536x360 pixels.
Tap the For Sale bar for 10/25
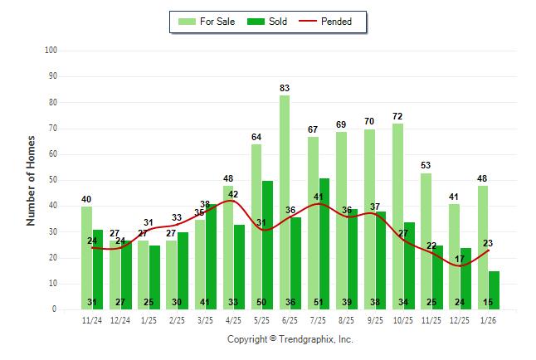[x=397, y=216]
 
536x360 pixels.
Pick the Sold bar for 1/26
[x=495, y=289]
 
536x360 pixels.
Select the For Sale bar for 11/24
[x=86, y=257]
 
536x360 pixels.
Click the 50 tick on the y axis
[x=52, y=180]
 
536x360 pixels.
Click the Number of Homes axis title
[x=31, y=180]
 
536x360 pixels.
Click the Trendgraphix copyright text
[x=290, y=339]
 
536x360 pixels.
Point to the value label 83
[x=285, y=88]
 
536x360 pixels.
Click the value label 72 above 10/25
[x=397, y=116]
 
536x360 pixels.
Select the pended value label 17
[x=460, y=260]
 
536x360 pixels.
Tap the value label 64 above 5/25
[x=256, y=137]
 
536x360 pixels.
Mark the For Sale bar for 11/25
[x=426, y=241]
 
